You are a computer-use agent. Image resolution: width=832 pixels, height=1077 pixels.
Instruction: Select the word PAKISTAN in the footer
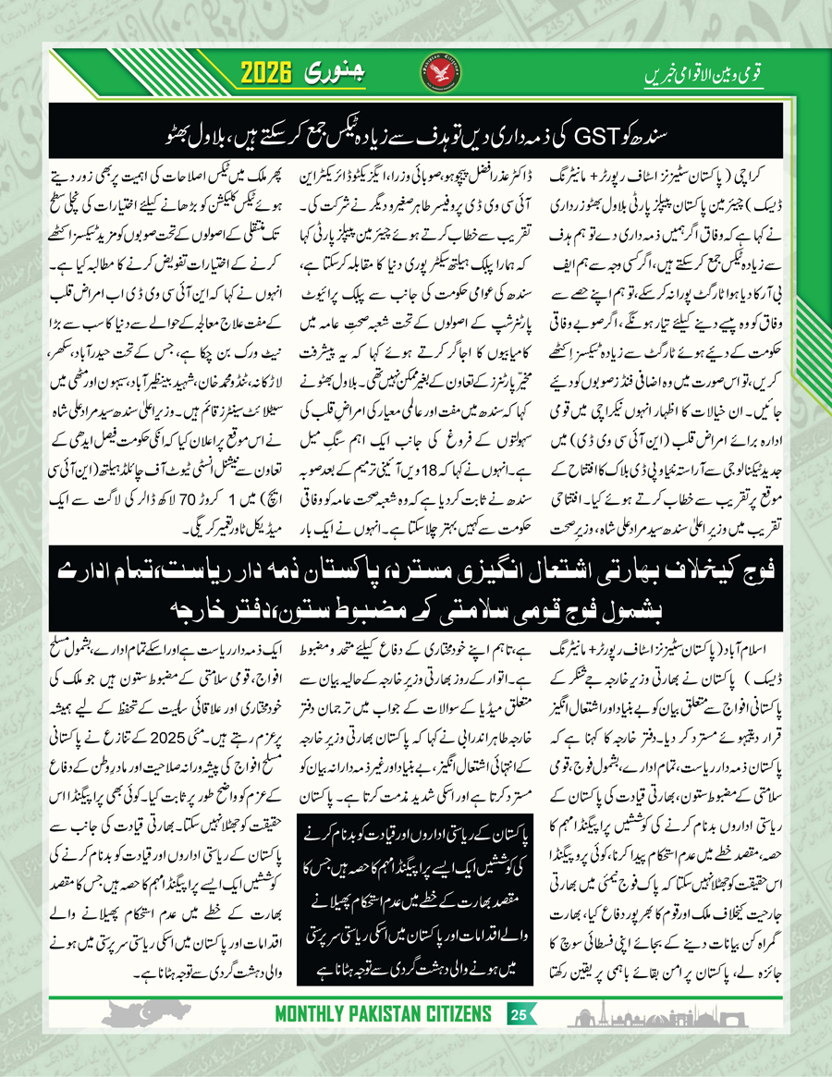click(x=398, y=1014)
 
